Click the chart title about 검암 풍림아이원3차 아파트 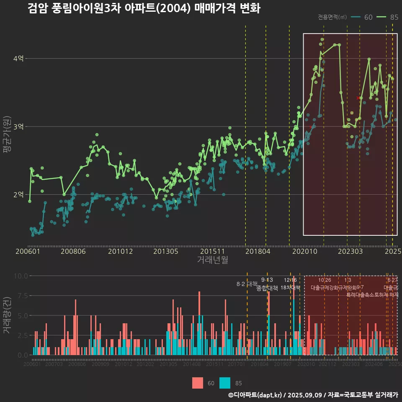click(x=144, y=8)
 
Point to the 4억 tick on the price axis click(x=18, y=59)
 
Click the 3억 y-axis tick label click(x=18, y=126)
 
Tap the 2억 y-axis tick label click(x=18, y=195)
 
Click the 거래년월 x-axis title click(x=212, y=260)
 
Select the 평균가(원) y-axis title click(x=7, y=136)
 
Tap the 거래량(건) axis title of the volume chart click(x=7, y=315)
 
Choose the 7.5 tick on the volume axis click(x=22, y=296)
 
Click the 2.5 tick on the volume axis click(x=22, y=335)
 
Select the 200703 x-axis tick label click(x=54, y=365)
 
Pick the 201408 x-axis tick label click(x=192, y=365)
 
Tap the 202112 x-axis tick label click(x=327, y=365)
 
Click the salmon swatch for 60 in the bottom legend click(x=198, y=383)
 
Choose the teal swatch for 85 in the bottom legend click(x=225, y=383)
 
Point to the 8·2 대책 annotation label click(x=247, y=284)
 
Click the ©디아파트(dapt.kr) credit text click(x=255, y=395)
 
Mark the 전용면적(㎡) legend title click(x=332, y=17)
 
